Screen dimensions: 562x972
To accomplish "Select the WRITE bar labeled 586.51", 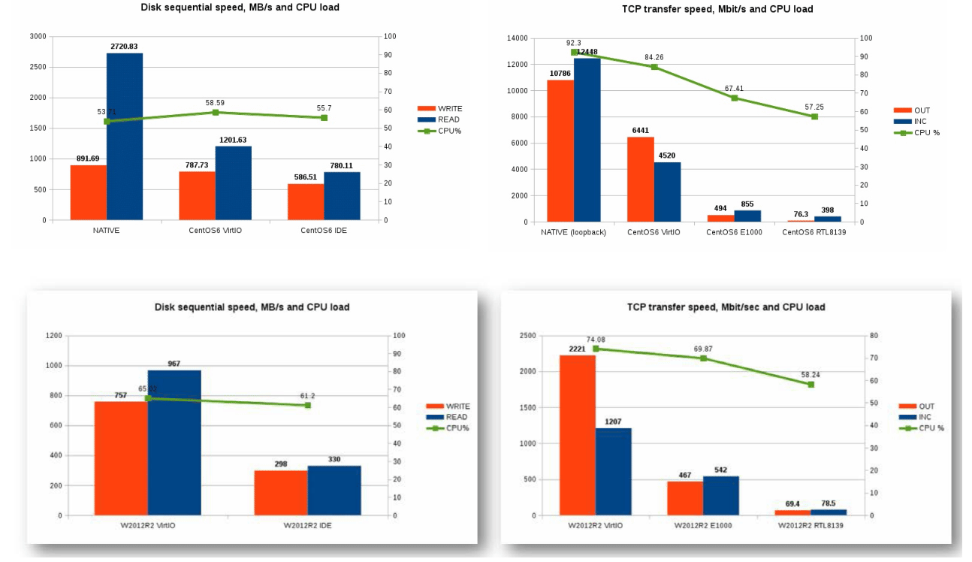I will tap(306, 202).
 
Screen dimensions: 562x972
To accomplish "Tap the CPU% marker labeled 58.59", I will tap(215, 112).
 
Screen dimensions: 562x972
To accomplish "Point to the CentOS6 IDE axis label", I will tap(324, 231).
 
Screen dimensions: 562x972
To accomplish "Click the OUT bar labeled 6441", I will tap(641, 180).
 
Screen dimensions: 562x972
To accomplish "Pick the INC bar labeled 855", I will tap(747, 216).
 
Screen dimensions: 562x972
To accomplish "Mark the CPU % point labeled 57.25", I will tap(814, 116).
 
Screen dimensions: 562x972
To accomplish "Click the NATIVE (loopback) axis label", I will tap(573, 232).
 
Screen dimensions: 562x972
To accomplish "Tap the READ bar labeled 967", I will tap(174, 443).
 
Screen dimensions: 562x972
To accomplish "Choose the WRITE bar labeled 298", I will tap(281, 493).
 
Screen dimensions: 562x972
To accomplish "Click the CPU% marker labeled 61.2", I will tap(307, 405).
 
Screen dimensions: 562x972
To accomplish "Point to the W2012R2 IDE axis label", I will tap(307, 526).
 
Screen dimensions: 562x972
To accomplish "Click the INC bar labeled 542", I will tap(721, 496).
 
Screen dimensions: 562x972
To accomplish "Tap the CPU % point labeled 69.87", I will tap(703, 358).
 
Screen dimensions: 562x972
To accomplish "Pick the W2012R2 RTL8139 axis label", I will tap(811, 526).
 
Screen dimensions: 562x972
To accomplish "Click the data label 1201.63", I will tap(233, 140).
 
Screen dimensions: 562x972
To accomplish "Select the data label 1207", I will tap(614, 422).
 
